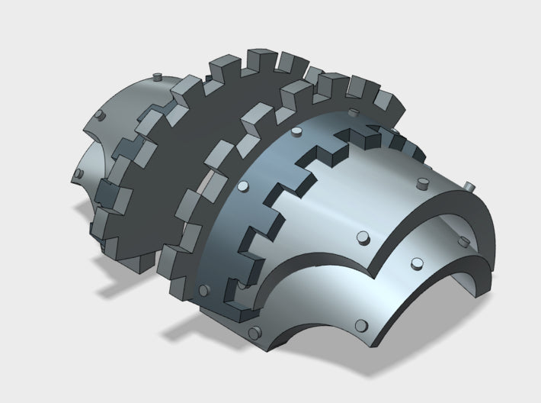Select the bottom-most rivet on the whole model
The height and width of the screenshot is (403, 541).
click(253, 331)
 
